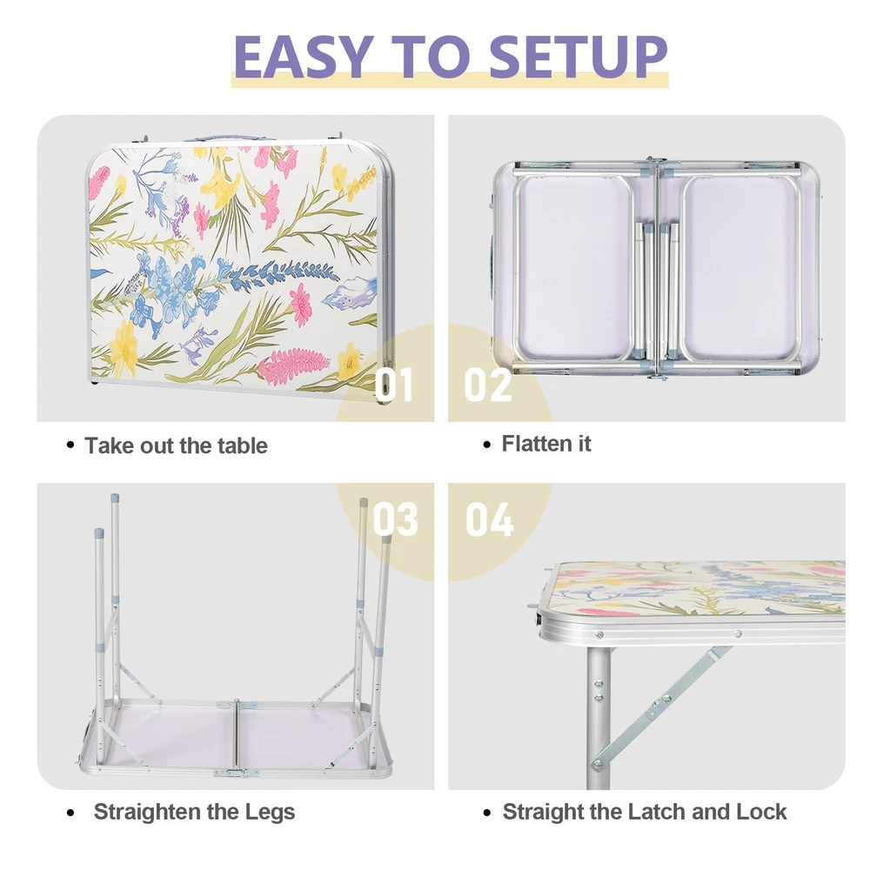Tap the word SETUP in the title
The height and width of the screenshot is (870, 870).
[x=579, y=57]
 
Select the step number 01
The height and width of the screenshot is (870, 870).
[x=394, y=384]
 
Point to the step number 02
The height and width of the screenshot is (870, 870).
[x=488, y=384]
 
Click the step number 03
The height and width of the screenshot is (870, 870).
[x=395, y=519]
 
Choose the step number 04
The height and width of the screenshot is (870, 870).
[x=489, y=519]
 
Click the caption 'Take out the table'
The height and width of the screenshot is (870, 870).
[x=176, y=445]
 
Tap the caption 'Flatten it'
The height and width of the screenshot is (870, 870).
[x=546, y=444]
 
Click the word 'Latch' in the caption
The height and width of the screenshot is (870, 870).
[x=657, y=812]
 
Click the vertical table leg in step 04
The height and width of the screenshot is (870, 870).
[x=599, y=717]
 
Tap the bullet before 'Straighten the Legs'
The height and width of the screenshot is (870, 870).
[x=70, y=813]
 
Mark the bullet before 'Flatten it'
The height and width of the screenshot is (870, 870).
[x=487, y=445]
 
